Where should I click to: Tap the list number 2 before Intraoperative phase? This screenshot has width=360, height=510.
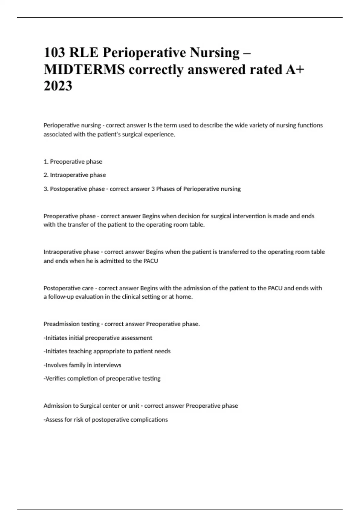pyautogui.click(x=46, y=175)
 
